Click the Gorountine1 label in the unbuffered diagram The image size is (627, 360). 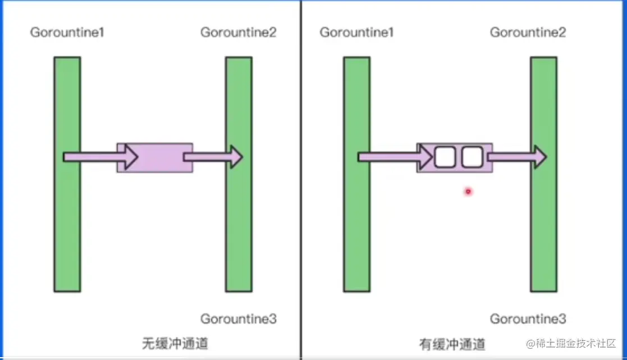pos(67,33)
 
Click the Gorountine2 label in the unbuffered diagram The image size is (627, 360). pos(239,33)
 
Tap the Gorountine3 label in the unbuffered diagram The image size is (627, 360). pos(239,319)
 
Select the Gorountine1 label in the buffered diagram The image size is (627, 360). pos(356,33)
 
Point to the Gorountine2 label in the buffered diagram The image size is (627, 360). pos(528,33)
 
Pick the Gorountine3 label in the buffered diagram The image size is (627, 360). pos(528,319)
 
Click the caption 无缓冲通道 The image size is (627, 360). pos(175,343)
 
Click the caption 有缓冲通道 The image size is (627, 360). pos(452,343)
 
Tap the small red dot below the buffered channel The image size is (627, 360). pos(468,192)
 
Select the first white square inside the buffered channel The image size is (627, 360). pos(444,157)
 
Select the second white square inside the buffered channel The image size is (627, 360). pos(472,157)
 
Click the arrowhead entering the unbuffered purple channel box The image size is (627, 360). pos(131,157)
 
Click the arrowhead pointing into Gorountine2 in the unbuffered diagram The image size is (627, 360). pos(235,157)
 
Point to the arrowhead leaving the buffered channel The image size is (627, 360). pos(540,157)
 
